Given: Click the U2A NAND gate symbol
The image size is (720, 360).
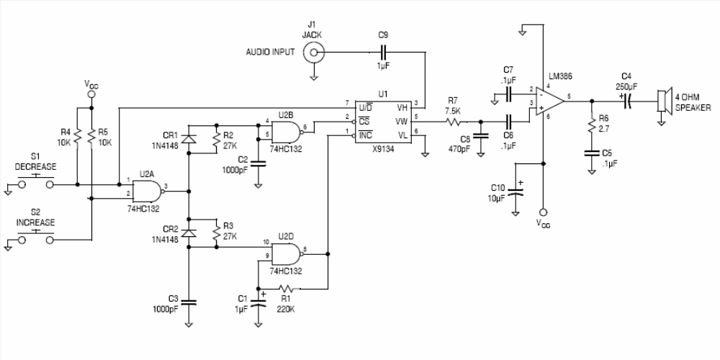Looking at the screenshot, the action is tap(148, 191).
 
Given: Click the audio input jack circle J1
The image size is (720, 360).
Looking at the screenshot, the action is tap(314, 53).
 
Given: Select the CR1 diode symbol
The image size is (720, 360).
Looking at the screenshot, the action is tap(188, 140).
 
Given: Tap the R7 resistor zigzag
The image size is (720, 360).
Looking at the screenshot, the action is tap(454, 122).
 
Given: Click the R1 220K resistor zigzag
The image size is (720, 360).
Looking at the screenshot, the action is tap(287, 289).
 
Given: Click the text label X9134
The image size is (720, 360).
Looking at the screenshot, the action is tap(383, 149).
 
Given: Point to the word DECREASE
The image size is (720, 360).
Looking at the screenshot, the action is tap(36, 166).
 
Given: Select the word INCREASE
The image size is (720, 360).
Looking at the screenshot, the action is tap(36, 222).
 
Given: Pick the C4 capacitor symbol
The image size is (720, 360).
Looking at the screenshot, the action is tap(627, 101).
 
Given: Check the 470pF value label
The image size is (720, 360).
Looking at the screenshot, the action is tap(459, 149).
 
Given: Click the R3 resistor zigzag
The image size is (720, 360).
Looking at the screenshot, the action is tap(216, 233).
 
